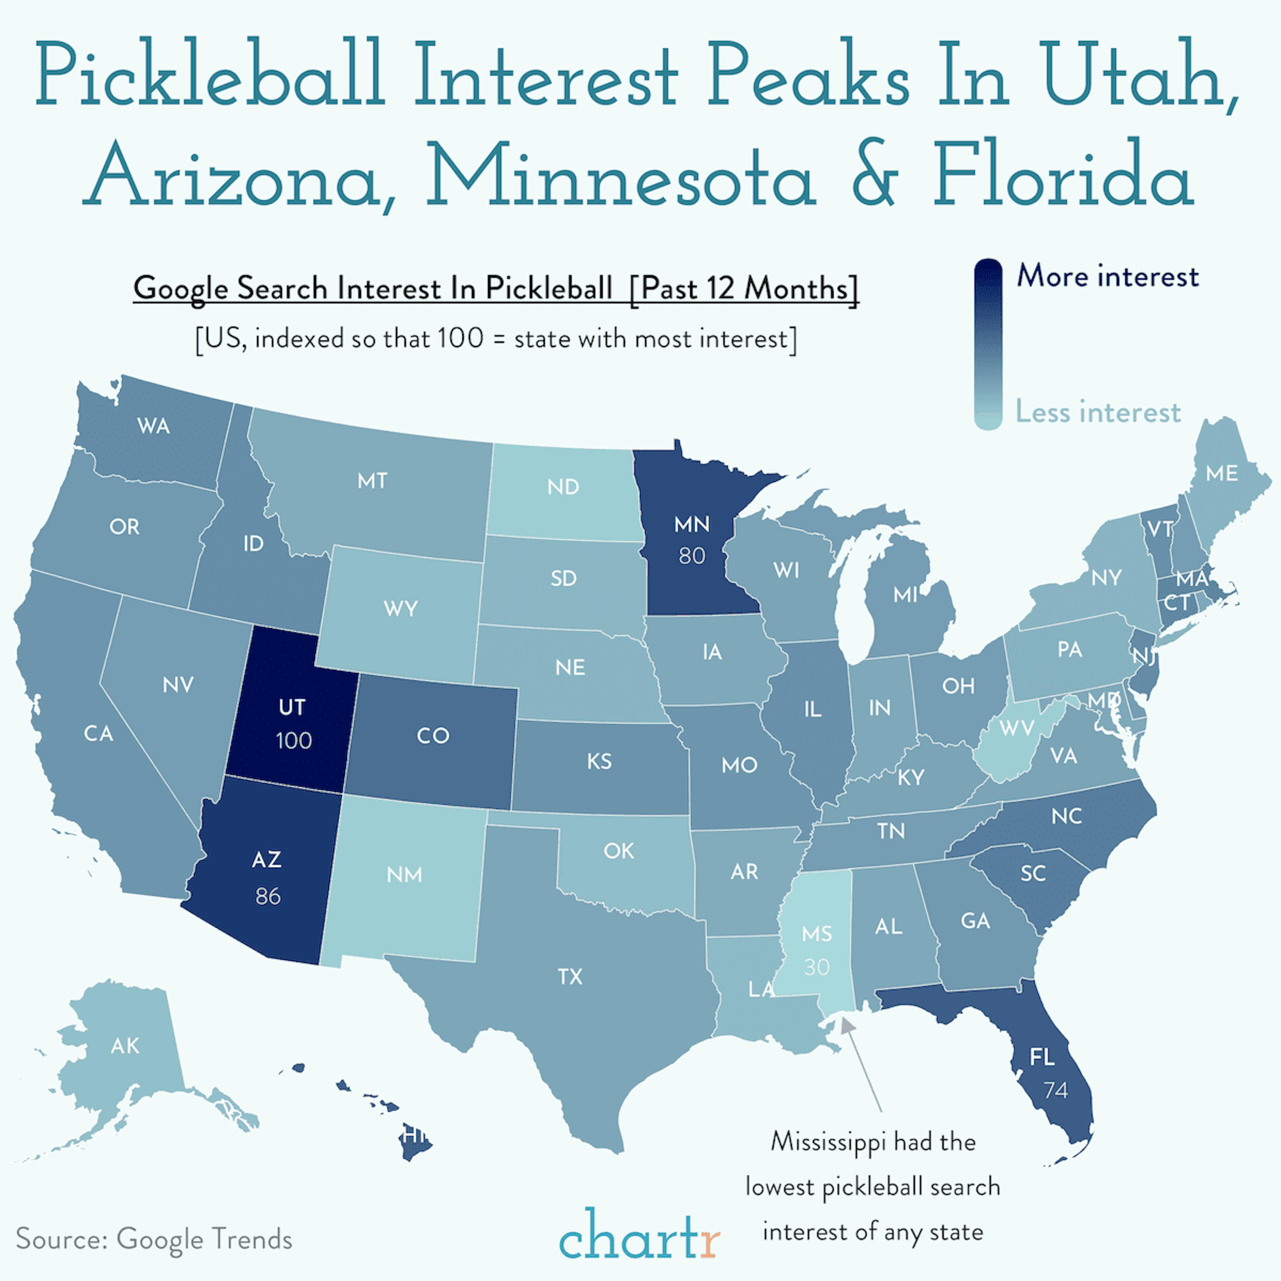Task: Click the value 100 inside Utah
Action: tap(294, 741)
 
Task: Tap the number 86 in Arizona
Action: tap(268, 896)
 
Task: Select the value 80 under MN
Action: tap(692, 556)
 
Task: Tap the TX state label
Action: tap(569, 977)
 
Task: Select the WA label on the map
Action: tap(154, 426)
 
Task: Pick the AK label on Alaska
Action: tap(125, 1045)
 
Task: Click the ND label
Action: tap(563, 487)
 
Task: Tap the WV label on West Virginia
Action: tap(1016, 728)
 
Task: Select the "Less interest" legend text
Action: tap(1098, 412)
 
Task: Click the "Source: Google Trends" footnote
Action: tap(154, 1239)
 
